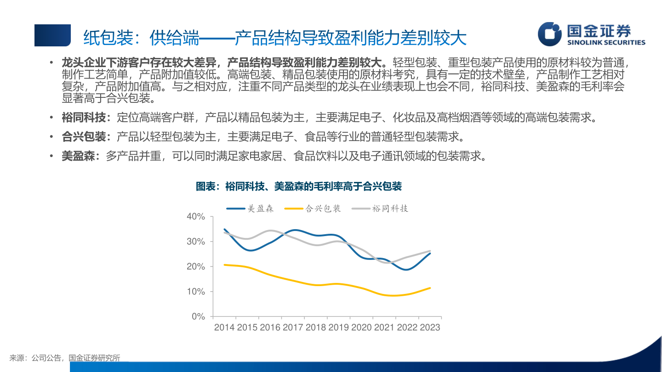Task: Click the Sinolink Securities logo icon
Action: pos(550,34)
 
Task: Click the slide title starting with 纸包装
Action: pos(275,38)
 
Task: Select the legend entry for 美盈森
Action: pos(251,209)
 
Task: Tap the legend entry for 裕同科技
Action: pos(380,209)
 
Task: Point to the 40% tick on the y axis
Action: pos(195,216)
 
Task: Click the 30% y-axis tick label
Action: pos(195,242)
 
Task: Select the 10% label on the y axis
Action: pos(195,292)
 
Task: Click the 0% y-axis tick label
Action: pos(198,317)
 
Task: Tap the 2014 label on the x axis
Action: pos(224,327)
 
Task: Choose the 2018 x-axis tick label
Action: pos(316,327)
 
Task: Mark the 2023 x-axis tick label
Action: pos(429,327)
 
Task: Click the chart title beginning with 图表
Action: pos(299,186)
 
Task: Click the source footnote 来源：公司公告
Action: pos(65,358)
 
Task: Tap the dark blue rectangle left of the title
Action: pos(52,35)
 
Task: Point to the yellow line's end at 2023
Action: pos(430,288)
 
